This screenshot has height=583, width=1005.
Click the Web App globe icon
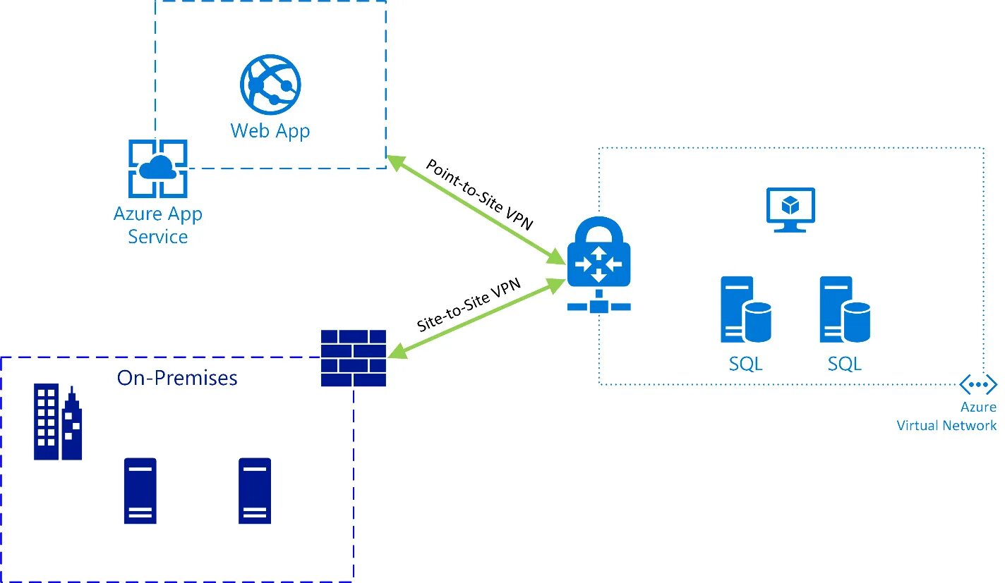(x=270, y=85)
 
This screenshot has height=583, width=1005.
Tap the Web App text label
(x=270, y=131)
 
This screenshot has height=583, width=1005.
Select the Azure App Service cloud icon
(x=158, y=168)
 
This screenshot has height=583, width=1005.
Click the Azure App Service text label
(x=158, y=226)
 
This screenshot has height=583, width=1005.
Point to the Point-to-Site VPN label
(x=479, y=195)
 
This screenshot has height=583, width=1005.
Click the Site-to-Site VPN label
(x=469, y=305)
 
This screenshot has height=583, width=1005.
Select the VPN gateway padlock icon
(x=599, y=264)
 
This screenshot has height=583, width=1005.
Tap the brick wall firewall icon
(x=354, y=358)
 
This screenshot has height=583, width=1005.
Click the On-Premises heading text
(x=177, y=378)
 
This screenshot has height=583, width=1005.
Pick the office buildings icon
(x=58, y=422)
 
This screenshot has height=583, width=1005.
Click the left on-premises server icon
(x=140, y=491)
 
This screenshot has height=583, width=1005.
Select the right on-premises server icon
(x=255, y=491)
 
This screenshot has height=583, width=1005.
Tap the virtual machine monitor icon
(x=790, y=209)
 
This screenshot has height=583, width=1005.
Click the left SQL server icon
(x=746, y=309)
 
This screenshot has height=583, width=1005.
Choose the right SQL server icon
(x=845, y=309)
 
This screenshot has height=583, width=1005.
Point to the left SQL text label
(x=746, y=364)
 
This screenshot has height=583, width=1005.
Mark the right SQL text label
(x=845, y=364)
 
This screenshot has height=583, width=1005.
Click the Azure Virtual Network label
(x=946, y=417)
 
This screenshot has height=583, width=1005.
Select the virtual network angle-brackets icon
(x=978, y=384)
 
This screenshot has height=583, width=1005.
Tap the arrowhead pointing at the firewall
(x=397, y=351)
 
